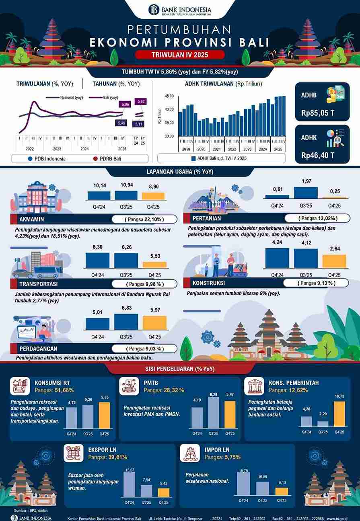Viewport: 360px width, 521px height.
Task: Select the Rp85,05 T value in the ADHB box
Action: (318, 113)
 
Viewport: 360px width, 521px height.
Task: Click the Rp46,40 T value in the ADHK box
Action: (318, 155)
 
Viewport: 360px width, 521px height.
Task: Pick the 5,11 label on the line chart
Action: (139, 124)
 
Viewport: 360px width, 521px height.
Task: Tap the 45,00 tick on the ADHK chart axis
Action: (169, 96)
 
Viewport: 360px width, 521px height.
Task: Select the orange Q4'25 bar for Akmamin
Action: (153, 196)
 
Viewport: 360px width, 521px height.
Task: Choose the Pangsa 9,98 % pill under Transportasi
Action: (144, 284)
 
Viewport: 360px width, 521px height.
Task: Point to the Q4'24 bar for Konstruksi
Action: (277, 258)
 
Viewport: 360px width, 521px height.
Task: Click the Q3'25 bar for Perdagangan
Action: (126, 322)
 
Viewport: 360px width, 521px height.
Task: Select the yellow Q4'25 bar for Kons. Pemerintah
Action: (339, 414)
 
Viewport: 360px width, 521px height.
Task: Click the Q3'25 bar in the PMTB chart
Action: (214, 412)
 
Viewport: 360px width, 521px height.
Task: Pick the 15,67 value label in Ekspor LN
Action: (130, 470)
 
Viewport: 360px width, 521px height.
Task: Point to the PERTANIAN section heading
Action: (207, 219)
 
